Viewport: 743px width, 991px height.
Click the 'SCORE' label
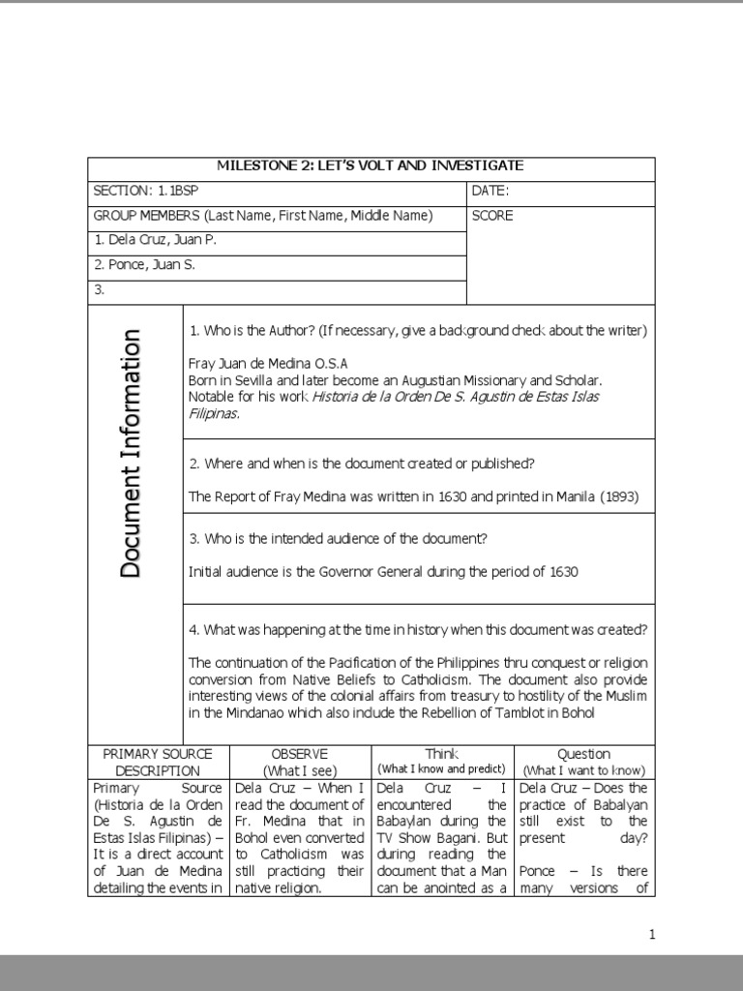pyautogui.click(x=492, y=216)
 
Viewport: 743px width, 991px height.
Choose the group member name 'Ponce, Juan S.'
pyautogui.click(x=144, y=265)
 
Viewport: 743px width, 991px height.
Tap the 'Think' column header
pyautogui.click(x=441, y=753)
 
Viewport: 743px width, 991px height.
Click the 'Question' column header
pyautogui.click(x=583, y=754)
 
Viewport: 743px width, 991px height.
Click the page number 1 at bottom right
pyautogui.click(x=652, y=934)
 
